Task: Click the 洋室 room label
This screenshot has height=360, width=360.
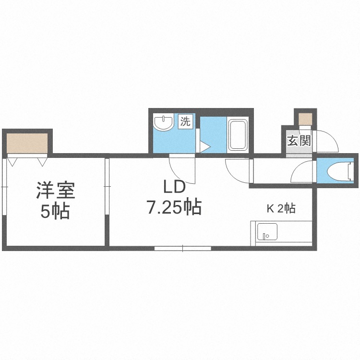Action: (56, 191)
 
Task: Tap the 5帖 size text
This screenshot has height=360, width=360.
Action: (55, 212)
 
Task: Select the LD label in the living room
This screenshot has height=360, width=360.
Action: (174, 187)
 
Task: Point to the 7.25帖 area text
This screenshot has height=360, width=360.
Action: (174, 206)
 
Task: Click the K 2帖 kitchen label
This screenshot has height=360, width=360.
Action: (281, 209)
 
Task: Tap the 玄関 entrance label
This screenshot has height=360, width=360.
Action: (299, 141)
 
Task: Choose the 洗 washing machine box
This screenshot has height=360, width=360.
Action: (185, 121)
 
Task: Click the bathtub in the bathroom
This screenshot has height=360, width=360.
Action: (238, 135)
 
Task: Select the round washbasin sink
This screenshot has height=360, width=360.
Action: (164, 122)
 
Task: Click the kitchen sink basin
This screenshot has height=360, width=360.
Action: (267, 232)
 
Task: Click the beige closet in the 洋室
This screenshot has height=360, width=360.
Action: (27, 143)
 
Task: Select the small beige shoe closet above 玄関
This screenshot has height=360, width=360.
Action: (305, 119)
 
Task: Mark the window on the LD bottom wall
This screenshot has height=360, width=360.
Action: (182, 248)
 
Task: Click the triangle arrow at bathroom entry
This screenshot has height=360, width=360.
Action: (205, 147)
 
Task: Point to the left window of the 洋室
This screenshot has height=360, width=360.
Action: (4, 186)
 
